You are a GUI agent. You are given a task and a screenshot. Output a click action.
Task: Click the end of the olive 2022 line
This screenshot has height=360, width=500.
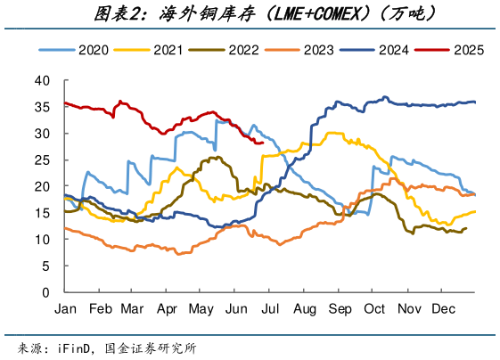click(466, 228)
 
